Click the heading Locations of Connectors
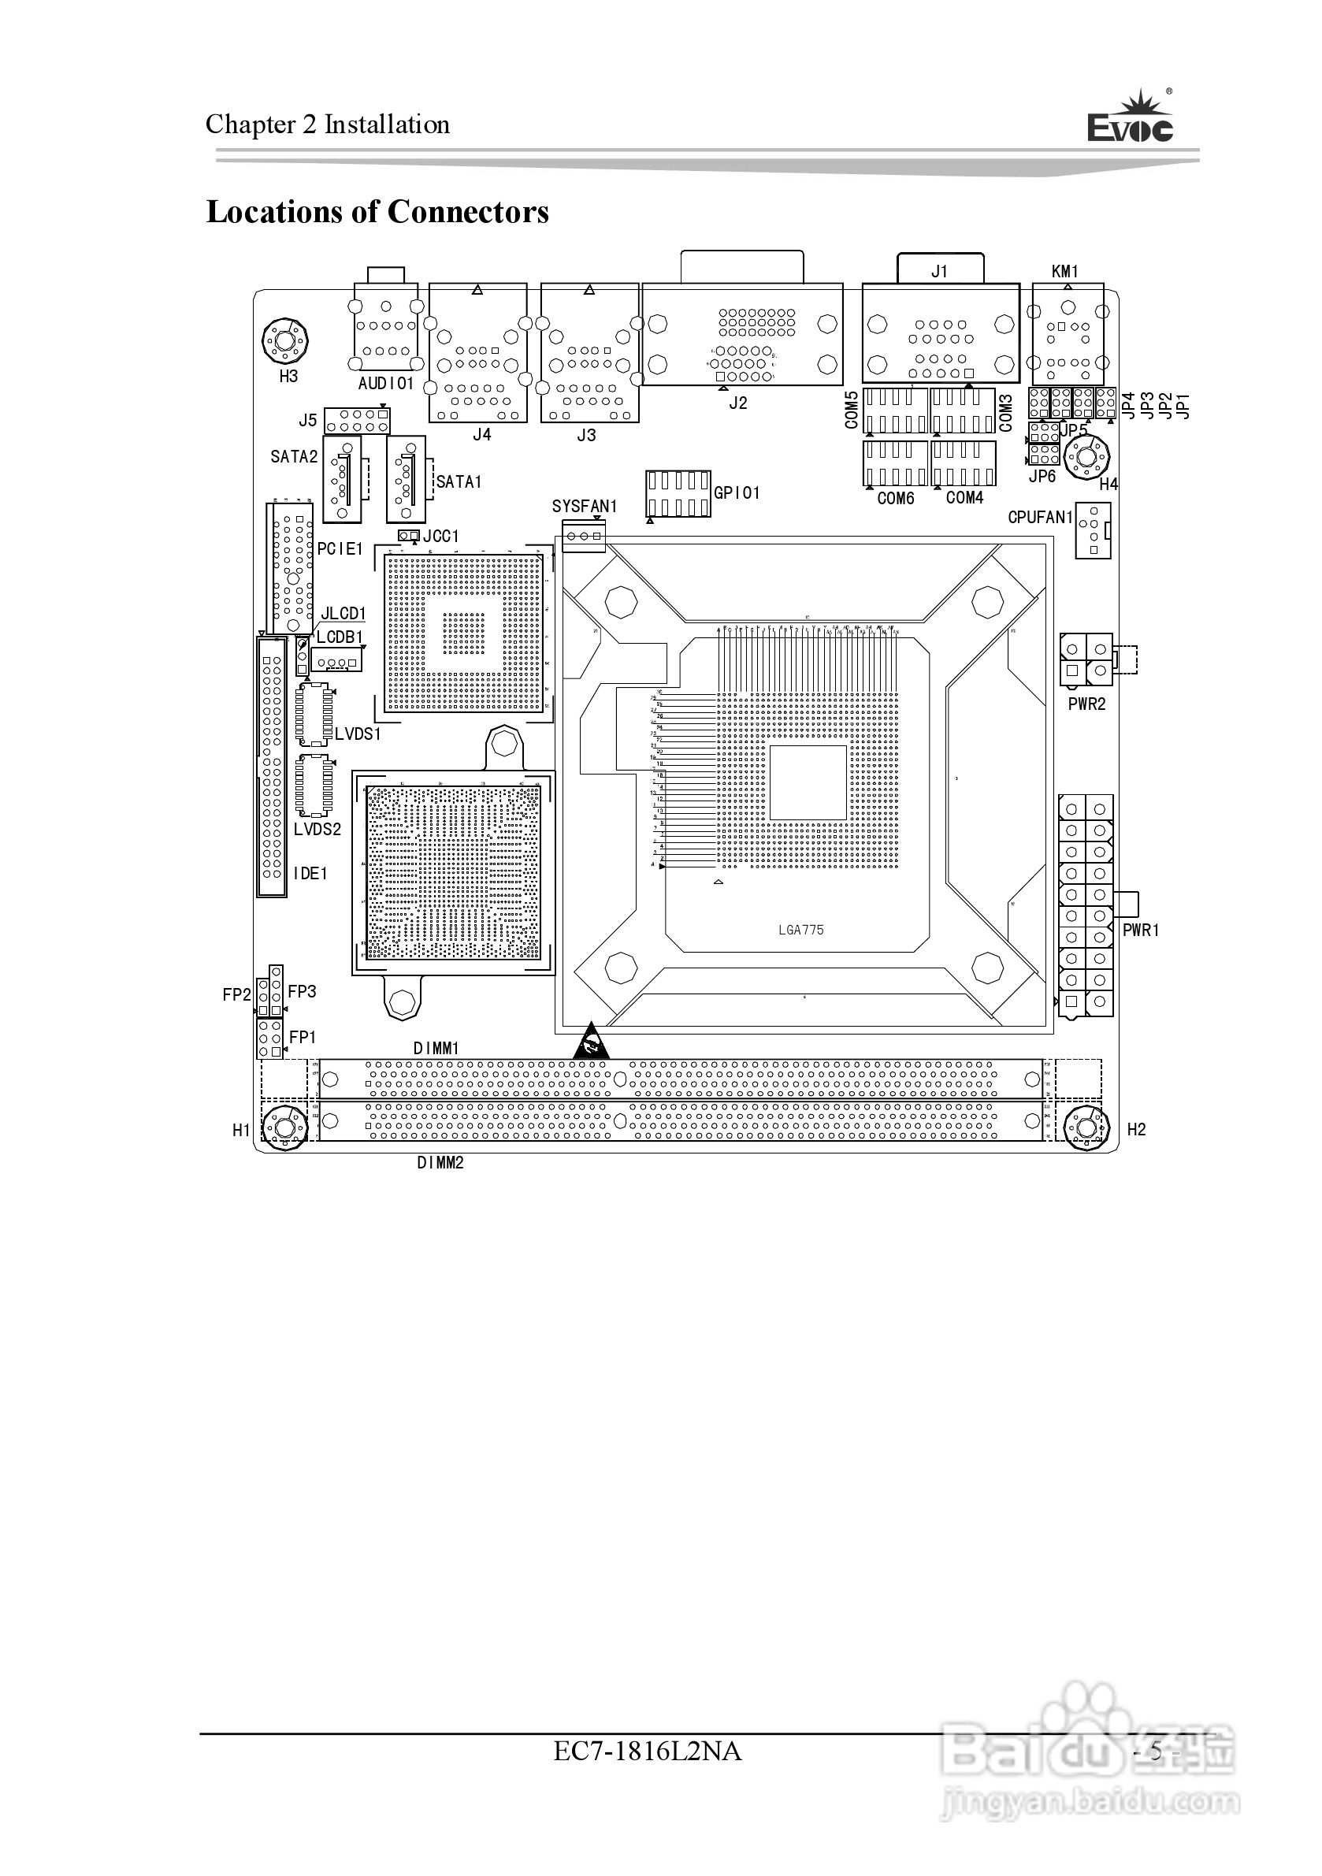tap(377, 212)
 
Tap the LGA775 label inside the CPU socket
tap(800, 930)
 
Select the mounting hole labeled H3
tap(285, 340)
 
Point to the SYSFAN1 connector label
tap(585, 507)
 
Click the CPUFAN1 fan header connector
tap(1093, 531)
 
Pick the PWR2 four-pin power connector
tap(1086, 659)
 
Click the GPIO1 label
tap(737, 492)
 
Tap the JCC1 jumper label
tap(441, 536)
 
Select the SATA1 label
tap(459, 482)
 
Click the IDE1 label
tap(310, 874)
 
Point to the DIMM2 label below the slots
tap(440, 1163)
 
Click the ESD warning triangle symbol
tap(591, 1042)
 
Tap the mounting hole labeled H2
tap(1086, 1128)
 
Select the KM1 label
tap(1064, 271)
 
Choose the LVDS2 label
tap(317, 830)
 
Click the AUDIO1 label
tap(386, 383)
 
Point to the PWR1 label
tap(1141, 930)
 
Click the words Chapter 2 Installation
tap(328, 124)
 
